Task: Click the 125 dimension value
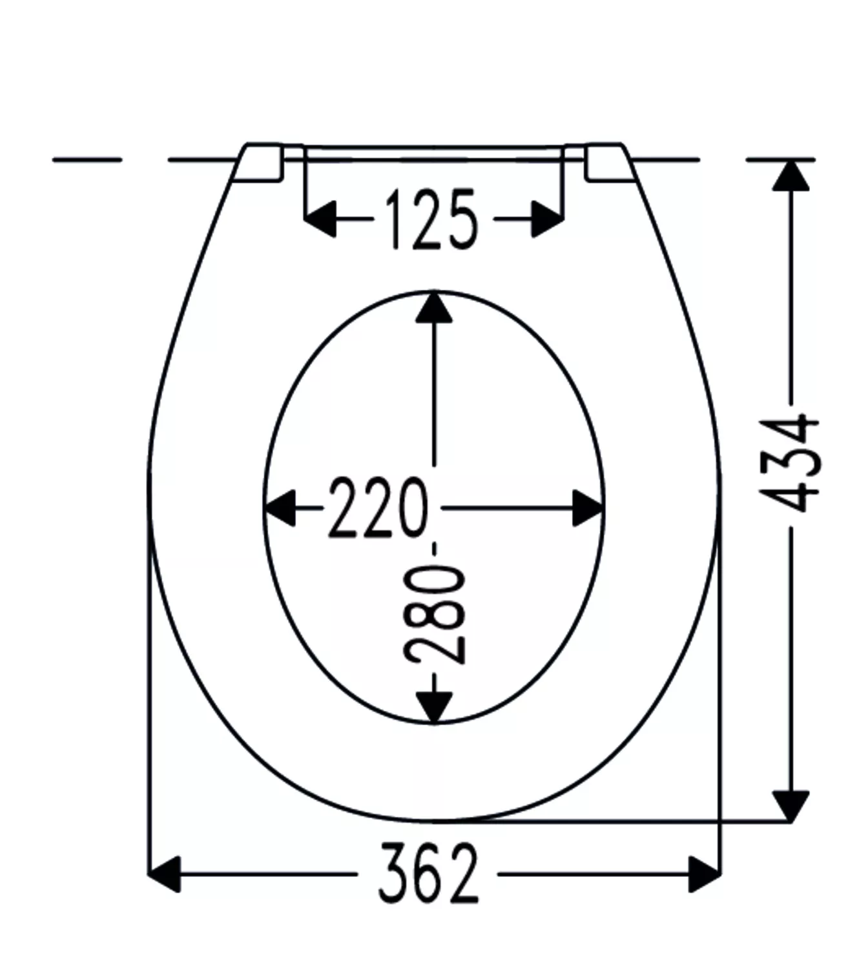(x=431, y=220)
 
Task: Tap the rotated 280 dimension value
(x=434, y=615)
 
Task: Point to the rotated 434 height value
(x=790, y=463)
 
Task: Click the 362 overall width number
(x=428, y=873)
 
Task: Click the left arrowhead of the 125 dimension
(x=320, y=219)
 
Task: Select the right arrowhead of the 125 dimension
(x=548, y=219)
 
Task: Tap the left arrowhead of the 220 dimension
(x=280, y=508)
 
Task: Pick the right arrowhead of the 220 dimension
(x=588, y=508)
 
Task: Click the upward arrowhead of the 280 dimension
(x=433, y=308)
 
